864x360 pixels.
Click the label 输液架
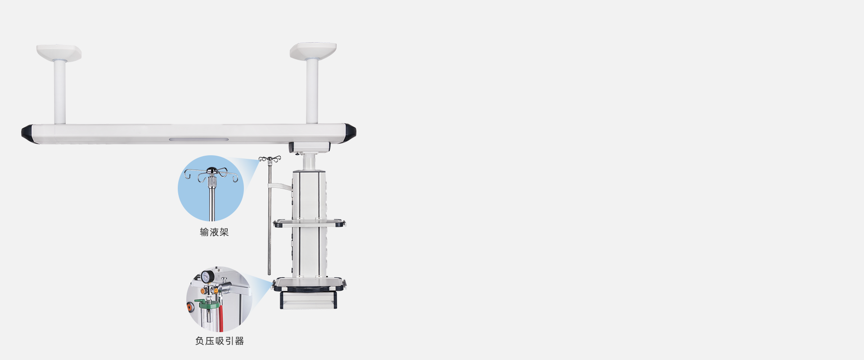click(214, 232)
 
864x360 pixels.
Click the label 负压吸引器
click(220, 341)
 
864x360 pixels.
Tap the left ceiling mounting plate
click(59, 53)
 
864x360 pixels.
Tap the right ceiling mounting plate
click(313, 51)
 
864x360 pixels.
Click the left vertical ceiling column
click(60, 92)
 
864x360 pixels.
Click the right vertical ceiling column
click(312, 91)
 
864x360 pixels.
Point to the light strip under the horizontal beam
click(198, 139)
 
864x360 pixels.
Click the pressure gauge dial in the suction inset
click(206, 277)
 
